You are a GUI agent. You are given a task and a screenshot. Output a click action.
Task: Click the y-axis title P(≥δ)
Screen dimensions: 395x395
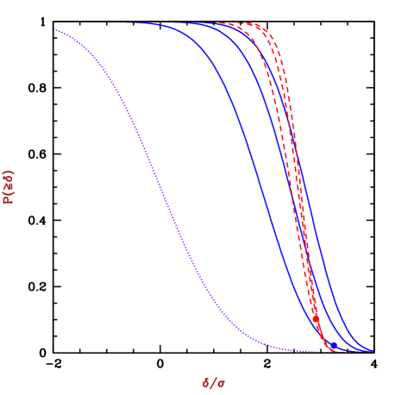point(9,186)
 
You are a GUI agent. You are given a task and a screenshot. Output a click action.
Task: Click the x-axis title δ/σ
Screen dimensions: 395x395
point(213,382)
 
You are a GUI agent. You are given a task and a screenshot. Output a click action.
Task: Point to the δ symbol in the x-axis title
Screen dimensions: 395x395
point(205,382)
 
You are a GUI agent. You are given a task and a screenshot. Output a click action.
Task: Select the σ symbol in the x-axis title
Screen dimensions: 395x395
point(222,383)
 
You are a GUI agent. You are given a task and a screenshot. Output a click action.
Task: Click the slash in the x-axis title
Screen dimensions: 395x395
point(213,382)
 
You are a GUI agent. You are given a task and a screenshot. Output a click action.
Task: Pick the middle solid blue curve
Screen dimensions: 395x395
point(285,172)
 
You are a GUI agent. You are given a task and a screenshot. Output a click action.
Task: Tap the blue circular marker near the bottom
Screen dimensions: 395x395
point(332,344)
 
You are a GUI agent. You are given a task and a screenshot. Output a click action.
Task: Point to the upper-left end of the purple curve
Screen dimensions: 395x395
point(55,29)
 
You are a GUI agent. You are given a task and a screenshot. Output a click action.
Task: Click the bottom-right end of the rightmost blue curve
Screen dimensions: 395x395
point(372,350)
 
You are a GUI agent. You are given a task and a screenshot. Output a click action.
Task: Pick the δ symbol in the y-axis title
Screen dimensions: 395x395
point(9,179)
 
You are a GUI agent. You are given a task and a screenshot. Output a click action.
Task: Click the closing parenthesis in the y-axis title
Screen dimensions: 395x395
point(9,172)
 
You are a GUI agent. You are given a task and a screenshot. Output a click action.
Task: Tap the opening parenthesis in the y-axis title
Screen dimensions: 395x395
point(9,193)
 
